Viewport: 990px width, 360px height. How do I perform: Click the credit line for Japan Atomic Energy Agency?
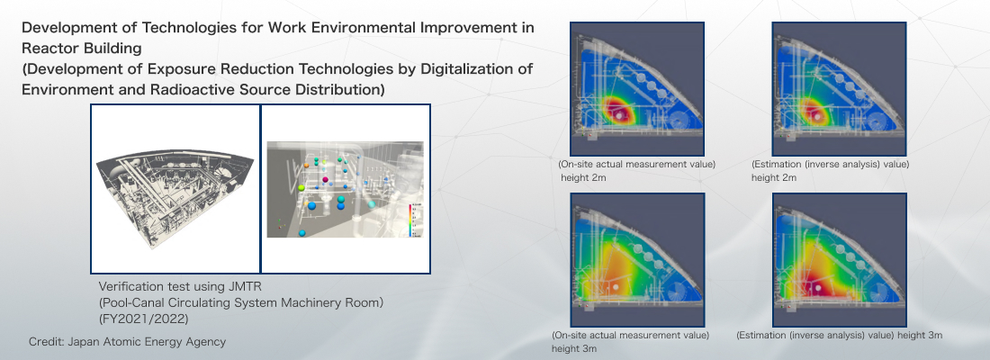pos(127,342)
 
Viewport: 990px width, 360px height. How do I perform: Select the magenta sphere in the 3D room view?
pos(326,180)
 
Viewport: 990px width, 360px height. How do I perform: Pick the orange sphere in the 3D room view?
pos(306,164)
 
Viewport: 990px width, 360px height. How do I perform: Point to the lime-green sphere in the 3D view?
pos(301,187)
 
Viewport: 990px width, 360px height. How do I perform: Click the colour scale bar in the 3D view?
pos(411,220)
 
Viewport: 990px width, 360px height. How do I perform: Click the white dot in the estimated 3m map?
pos(818,287)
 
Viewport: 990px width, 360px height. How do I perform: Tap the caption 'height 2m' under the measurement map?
pos(584,178)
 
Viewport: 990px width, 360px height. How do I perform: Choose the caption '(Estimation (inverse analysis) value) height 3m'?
pos(839,336)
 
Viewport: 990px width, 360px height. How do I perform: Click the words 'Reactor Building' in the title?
pos(82,49)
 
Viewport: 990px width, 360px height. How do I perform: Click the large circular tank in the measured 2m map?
pos(683,121)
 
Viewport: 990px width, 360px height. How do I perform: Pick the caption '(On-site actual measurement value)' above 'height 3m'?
pos(630,335)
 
